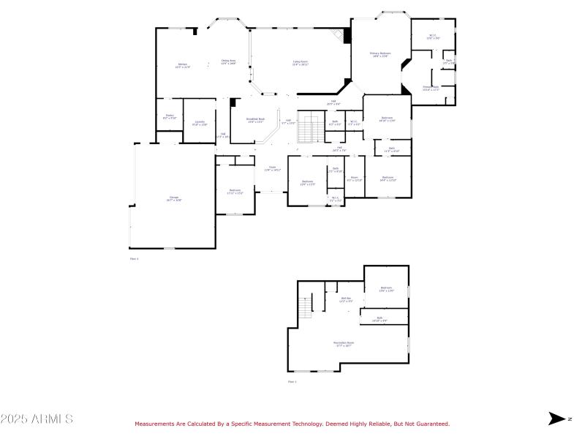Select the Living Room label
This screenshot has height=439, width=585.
(x=301, y=63)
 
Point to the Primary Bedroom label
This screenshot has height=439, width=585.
(x=380, y=54)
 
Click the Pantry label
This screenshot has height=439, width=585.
(x=169, y=116)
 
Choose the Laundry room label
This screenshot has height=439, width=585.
(x=199, y=123)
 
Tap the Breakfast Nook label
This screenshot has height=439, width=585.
(x=255, y=120)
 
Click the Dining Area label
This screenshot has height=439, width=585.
(x=228, y=61)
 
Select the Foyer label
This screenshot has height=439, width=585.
(x=272, y=168)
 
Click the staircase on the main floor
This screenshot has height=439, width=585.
(x=313, y=129)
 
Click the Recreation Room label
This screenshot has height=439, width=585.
(x=344, y=344)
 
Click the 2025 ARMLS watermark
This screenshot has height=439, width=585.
(x=37, y=419)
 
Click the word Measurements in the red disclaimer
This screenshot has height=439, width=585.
(x=155, y=424)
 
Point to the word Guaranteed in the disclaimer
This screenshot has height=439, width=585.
(x=431, y=424)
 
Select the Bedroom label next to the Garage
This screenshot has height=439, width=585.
(x=235, y=192)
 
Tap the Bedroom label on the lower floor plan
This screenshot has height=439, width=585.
(x=387, y=289)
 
